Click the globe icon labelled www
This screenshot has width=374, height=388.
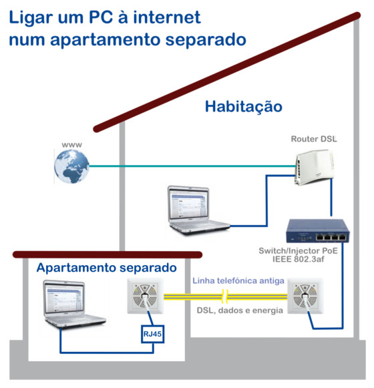71,166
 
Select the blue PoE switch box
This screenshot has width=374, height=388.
317,231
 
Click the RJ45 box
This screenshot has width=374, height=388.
152,334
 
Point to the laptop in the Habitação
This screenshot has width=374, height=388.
198,210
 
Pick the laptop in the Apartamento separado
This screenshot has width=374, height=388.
73,304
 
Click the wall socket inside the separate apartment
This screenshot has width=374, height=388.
146,296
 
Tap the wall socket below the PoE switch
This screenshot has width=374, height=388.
305,296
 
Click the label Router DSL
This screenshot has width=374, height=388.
314,139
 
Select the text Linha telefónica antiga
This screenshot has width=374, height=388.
238,281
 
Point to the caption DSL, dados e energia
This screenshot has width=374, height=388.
240,311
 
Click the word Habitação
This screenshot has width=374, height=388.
244,107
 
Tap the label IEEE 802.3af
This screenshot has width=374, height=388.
299,259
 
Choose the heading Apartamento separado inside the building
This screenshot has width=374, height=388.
107,268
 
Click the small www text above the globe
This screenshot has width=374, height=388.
71,145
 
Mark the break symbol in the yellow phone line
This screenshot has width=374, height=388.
225,297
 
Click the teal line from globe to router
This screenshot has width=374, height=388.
192,166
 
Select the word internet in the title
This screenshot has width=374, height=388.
167,17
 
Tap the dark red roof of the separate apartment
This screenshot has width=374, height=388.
108,254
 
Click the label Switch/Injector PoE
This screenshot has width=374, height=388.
299,250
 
